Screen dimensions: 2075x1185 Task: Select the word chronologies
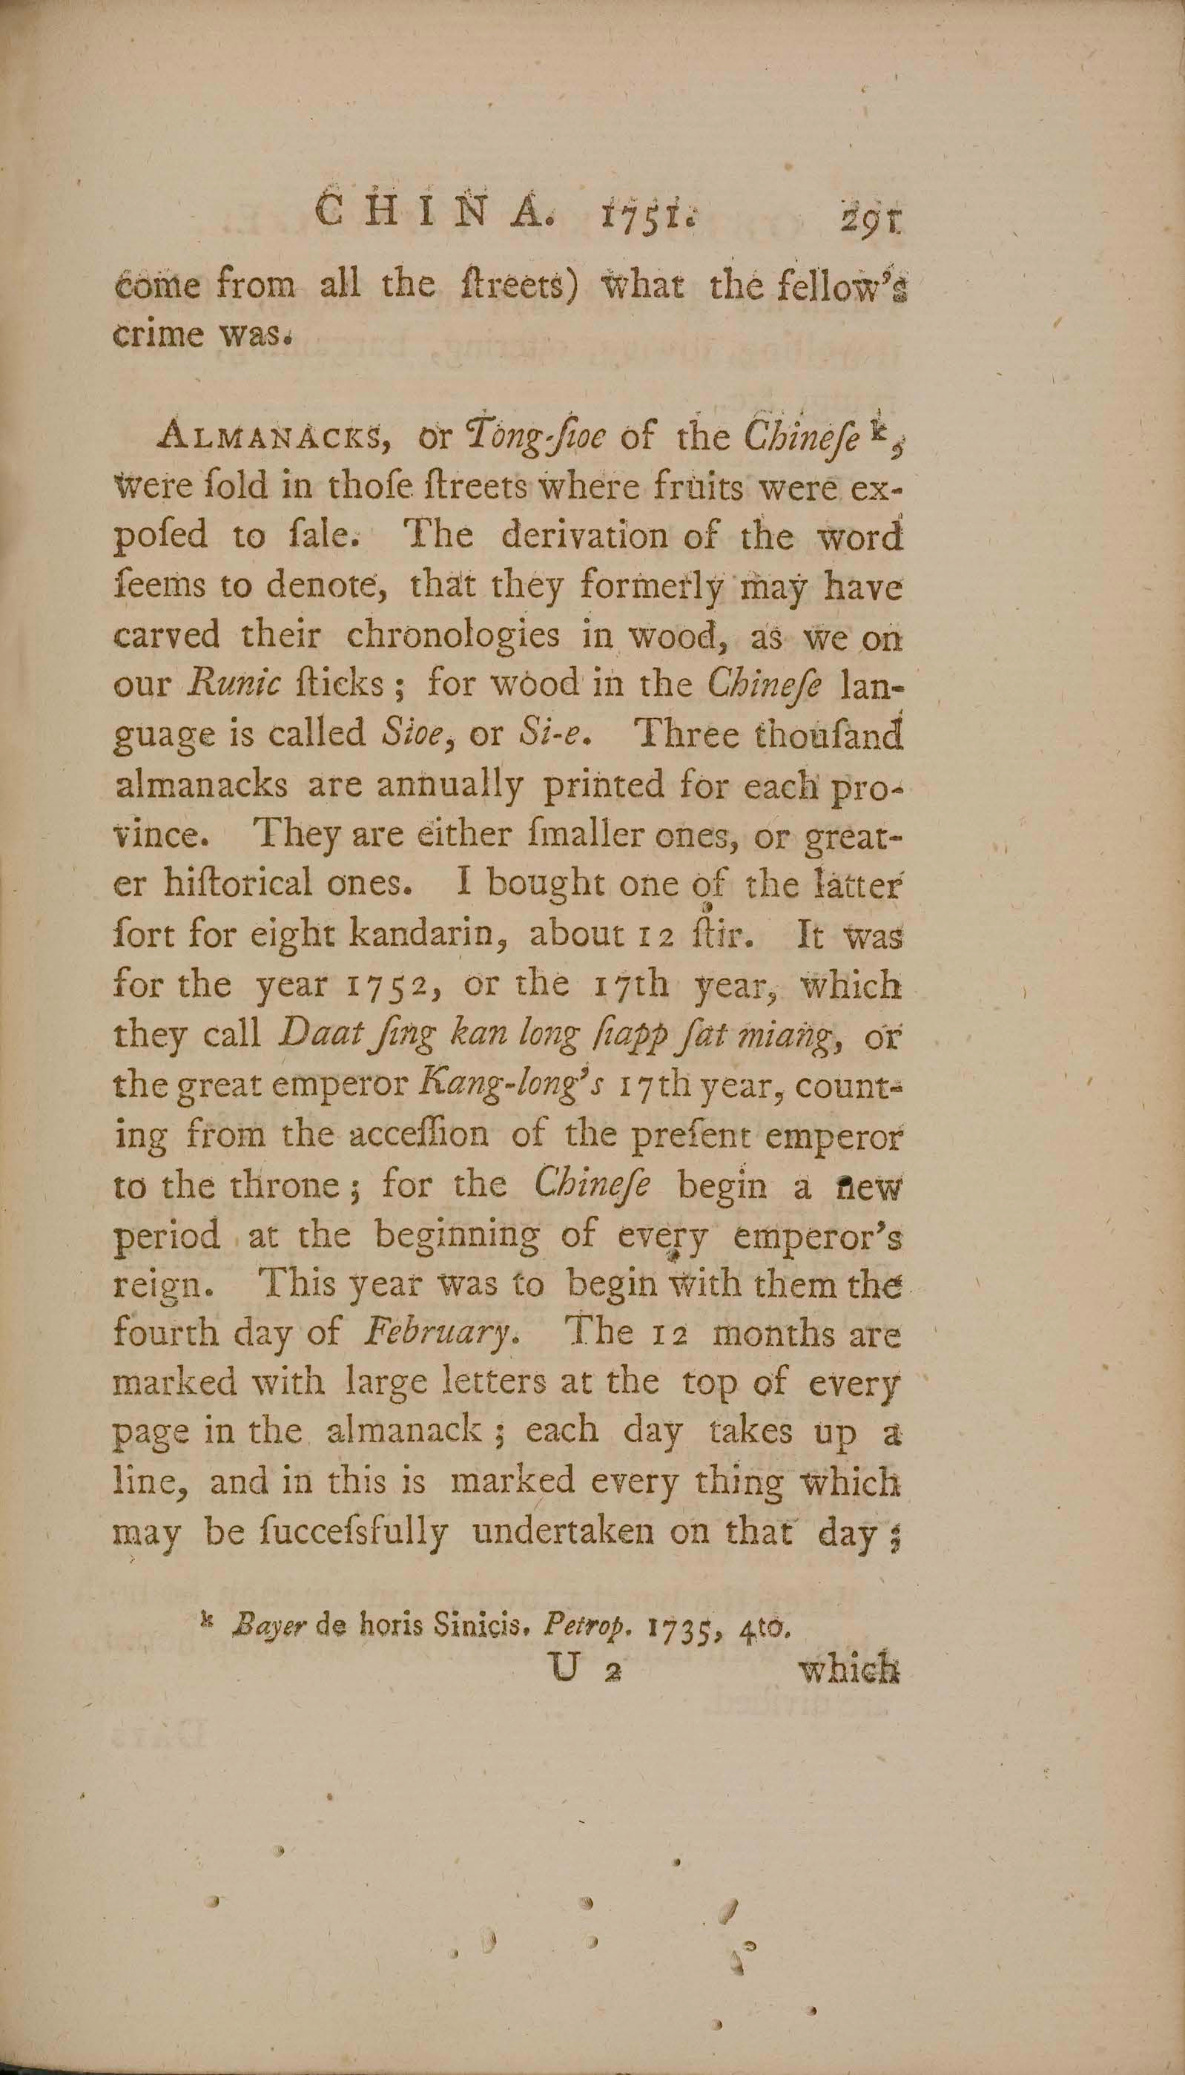[x=452, y=635]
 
